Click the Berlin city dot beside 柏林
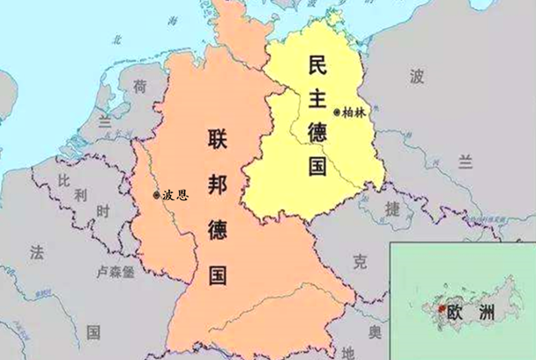[338, 112]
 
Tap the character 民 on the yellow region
[317, 63]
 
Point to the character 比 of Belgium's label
[63, 180]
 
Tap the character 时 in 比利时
[103, 212]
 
